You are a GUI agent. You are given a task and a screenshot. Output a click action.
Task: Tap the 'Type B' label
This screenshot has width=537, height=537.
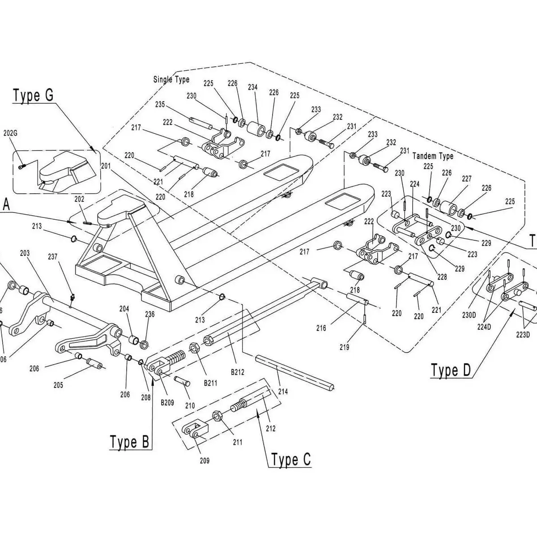pos(129,442)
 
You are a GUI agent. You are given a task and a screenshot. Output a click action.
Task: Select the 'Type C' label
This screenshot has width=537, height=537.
pos(291,460)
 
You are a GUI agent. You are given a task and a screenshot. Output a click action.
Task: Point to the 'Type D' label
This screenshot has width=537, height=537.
pos(451,370)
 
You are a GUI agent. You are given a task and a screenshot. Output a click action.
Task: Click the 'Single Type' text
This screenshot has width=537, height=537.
pos(171,80)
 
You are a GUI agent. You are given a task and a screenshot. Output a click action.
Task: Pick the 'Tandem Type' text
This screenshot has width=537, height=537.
pos(433,156)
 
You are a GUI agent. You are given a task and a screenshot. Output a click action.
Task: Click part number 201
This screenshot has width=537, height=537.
pos(106,166)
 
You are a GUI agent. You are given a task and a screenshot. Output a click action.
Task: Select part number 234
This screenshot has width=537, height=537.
pos(252,87)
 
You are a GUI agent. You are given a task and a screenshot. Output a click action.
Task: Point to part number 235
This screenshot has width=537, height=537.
pos(160,105)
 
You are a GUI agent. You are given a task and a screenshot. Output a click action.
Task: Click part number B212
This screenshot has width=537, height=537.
pos(237,371)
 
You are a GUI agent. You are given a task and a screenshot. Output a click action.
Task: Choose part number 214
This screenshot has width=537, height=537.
pos(283,392)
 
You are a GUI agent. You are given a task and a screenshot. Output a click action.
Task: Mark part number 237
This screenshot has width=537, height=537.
pos(53,256)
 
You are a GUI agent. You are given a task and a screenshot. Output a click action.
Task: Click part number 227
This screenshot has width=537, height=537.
pos(467,179)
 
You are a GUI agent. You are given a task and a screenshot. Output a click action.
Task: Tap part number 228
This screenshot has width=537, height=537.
pos(442,277)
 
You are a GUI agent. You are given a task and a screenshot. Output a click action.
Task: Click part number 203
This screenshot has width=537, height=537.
pos(25,253)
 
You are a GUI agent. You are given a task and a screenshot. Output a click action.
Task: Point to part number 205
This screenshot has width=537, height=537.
pos(58,385)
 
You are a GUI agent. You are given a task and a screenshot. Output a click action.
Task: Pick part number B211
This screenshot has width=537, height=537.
pos(210,383)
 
